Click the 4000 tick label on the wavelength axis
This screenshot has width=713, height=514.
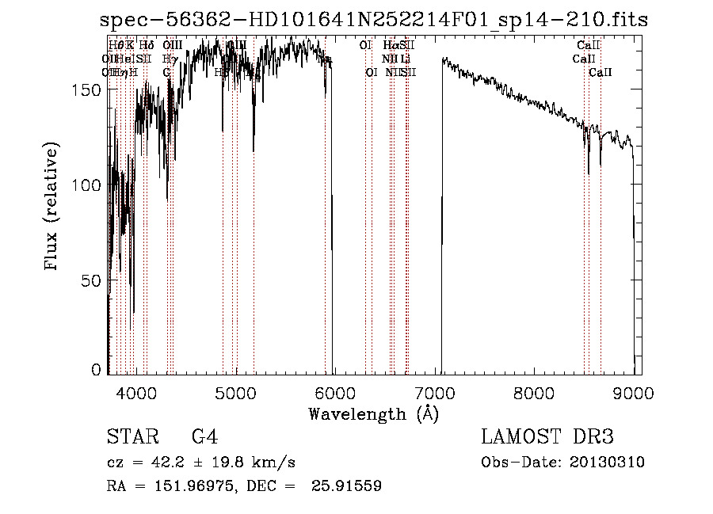pyautogui.click(x=136, y=392)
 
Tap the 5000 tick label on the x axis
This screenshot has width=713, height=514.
pyautogui.click(x=236, y=392)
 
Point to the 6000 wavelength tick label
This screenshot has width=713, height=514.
pyautogui.click(x=335, y=392)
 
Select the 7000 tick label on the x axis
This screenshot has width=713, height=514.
pyautogui.click(x=435, y=392)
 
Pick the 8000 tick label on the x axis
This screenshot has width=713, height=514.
pyautogui.click(x=535, y=392)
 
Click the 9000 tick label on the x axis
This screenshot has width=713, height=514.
pyautogui.click(x=634, y=392)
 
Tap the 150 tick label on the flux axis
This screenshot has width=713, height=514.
pyautogui.click(x=90, y=90)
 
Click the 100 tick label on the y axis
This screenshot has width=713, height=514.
pyautogui.click(x=90, y=185)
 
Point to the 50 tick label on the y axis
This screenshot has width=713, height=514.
pyautogui.click(x=94, y=280)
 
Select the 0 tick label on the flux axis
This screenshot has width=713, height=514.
pyautogui.click(x=98, y=370)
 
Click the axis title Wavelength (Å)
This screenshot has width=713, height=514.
pyautogui.click(x=373, y=413)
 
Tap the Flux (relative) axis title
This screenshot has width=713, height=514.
pyautogui.click(x=53, y=208)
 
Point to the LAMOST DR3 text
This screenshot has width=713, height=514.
pyautogui.click(x=547, y=437)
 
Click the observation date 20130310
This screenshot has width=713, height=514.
pyautogui.click(x=610, y=463)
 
